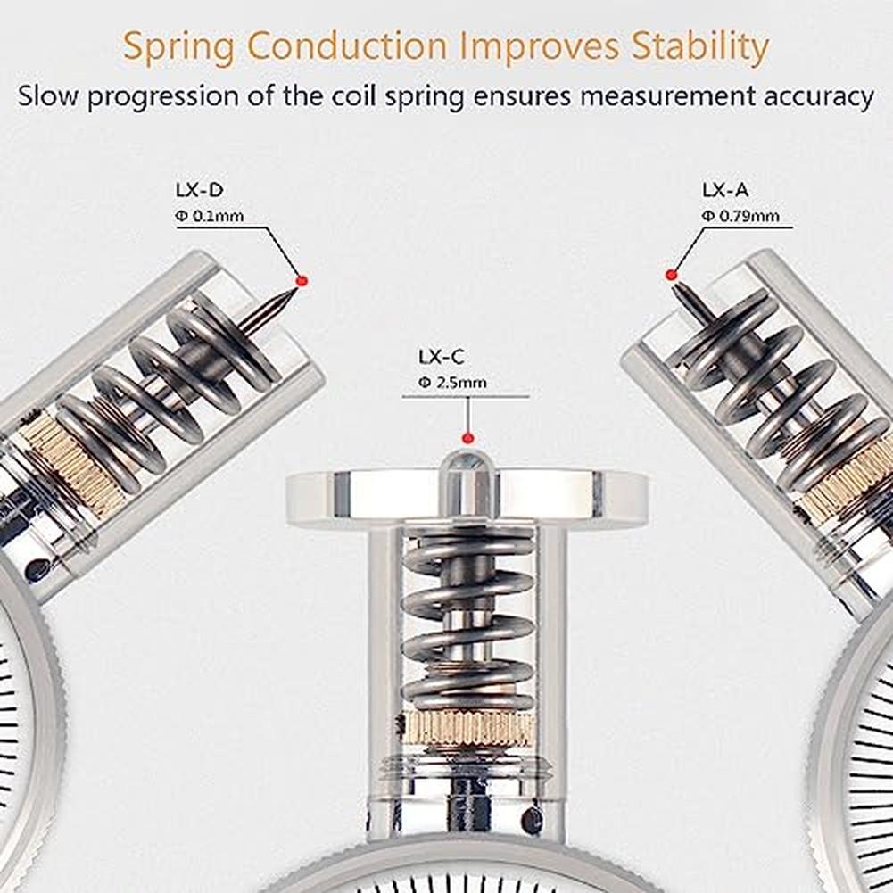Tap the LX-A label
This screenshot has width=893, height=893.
(x=724, y=189)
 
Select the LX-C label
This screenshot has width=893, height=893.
(x=442, y=358)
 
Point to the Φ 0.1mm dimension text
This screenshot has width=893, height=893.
(x=209, y=215)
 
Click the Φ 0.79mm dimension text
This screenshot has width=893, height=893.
(x=740, y=215)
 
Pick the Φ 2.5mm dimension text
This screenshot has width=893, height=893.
(x=453, y=384)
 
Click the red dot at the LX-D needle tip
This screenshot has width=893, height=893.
(x=302, y=280)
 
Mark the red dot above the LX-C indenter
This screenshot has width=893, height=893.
(x=466, y=437)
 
